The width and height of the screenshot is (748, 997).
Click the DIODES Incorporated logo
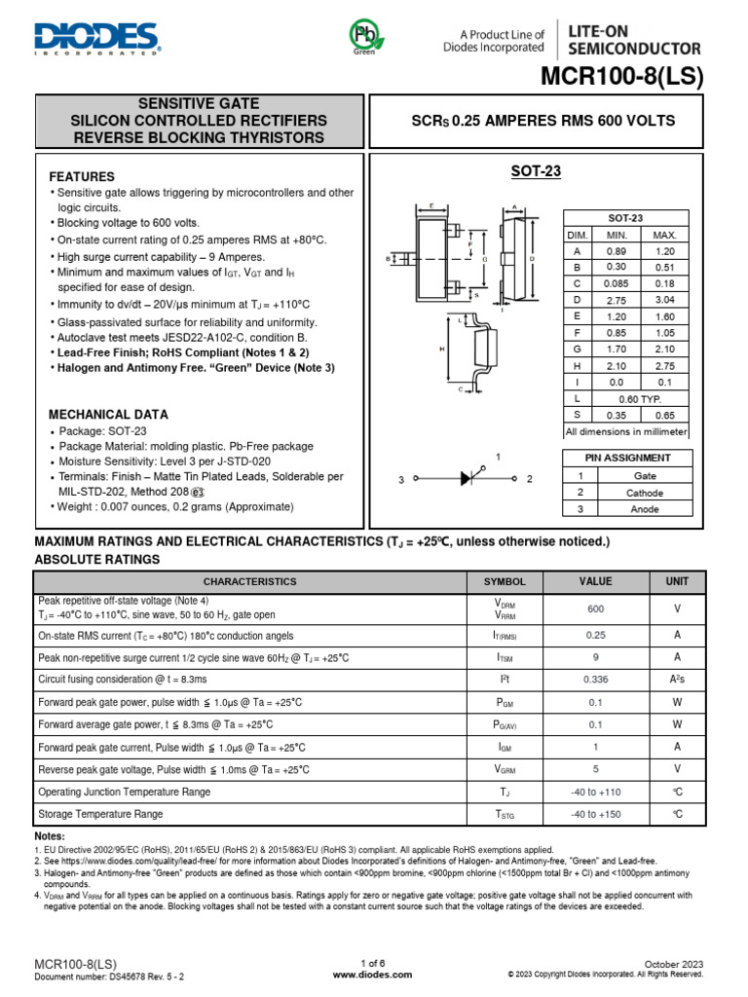click(96, 38)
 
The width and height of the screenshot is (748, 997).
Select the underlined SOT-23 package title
click(537, 172)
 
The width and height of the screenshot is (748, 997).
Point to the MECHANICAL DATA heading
click(109, 414)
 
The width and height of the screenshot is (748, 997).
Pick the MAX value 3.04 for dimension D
click(664, 300)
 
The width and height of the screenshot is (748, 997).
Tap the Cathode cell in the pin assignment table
click(645, 493)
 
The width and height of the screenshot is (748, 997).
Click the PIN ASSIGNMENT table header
click(628, 458)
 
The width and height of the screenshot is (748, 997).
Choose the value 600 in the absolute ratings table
click(596, 608)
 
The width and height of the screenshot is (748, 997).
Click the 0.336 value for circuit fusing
click(596, 679)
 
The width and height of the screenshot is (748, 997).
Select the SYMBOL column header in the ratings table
click(505, 582)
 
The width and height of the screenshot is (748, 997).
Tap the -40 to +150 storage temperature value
click(596, 814)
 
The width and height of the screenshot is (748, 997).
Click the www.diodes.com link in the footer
click(373, 974)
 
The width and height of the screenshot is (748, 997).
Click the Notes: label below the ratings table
click(51, 837)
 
